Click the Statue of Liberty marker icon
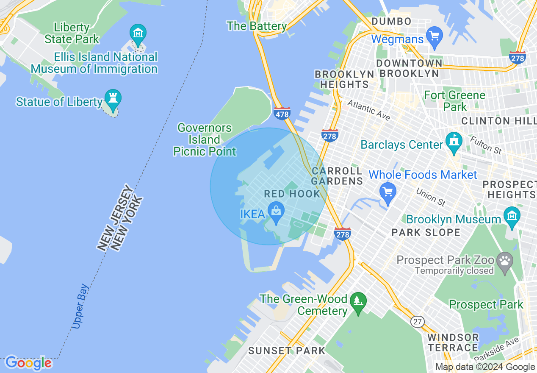pos(113,98)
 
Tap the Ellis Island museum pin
pos(138,33)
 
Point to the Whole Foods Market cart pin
pos(388,191)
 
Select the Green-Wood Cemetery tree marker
pos(358,301)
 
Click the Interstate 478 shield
pos(282,113)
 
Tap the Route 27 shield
pos(418,322)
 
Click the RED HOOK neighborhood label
pos(292,194)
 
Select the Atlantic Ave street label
pos(368,110)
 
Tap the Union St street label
pos(431,197)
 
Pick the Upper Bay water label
pos(80,306)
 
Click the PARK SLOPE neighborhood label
pos(426,232)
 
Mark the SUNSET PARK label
pos(287,351)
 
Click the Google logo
pos(28,363)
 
